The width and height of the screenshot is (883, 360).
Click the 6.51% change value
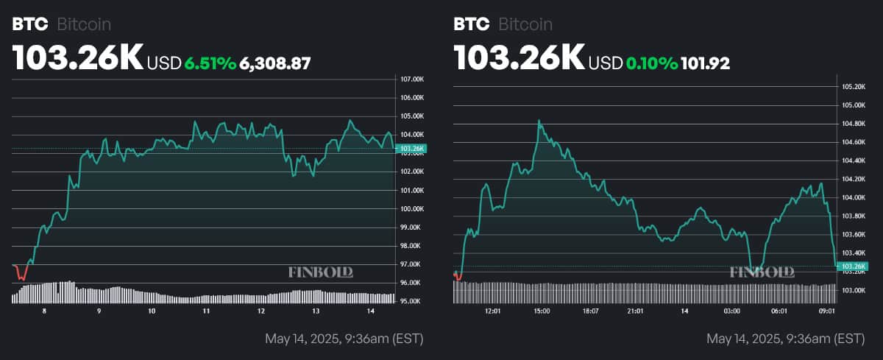pyautogui.click(x=210, y=63)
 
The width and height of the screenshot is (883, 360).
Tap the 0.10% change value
pyautogui.click(x=651, y=63)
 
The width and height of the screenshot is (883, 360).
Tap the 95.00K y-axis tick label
pyautogui.click(x=410, y=301)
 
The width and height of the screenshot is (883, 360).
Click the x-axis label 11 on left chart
pyautogui.click(x=207, y=311)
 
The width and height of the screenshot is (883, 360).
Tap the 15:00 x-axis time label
pyautogui.click(x=541, y=311)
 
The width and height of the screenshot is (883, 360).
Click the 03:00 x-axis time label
pyautogui.click(x=731, y=311)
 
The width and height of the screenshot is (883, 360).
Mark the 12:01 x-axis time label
pyautogui.click(x=493, y=311)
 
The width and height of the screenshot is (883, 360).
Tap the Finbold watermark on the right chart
pyautogui.click(x=762, y=272)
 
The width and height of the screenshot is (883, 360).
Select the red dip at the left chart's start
pyautogui.click(x=21, y=275)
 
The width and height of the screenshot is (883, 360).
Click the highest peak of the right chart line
pyautogui.click(x=539, y=120)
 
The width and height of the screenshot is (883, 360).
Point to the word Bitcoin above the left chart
pyautogui.click(x=84, y=24)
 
